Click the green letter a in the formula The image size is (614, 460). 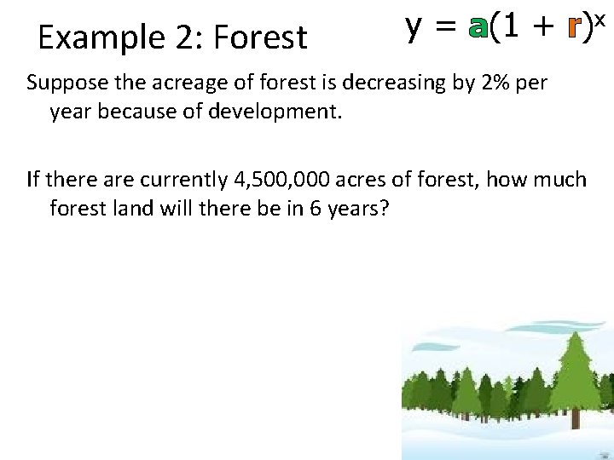coord(478,29)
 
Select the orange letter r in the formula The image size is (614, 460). coord(573,29)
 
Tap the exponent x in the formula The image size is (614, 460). coord(600,18)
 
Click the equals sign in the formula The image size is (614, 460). coord(446,29)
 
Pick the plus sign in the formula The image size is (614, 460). coord(541,29)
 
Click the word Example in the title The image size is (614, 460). coord(90,37)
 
